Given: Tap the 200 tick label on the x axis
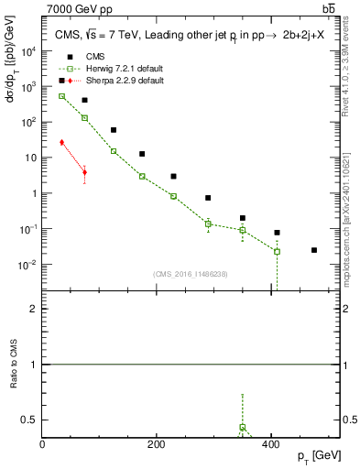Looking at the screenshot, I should coord(157,443).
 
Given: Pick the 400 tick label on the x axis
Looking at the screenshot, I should coord(271,443).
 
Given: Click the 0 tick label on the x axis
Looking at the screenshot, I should coord(42,443).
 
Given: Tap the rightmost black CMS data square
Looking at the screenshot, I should coord(314,250).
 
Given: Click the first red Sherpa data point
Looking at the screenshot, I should coord(61,142).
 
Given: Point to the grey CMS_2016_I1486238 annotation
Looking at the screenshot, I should coord(190,274).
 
